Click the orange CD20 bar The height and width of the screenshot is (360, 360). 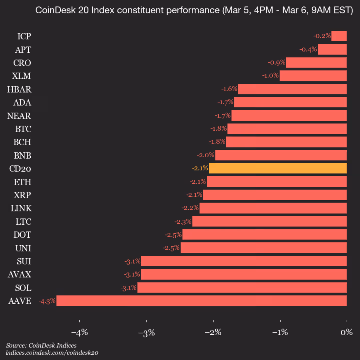coord(278,168)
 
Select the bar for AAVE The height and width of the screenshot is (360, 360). coord(202,301)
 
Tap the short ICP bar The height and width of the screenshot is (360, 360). coord(339,36)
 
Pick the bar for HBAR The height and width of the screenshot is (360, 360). coord(292,89)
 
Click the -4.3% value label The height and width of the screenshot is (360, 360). coord(47,301)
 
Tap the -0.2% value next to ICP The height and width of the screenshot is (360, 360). coord(322,36)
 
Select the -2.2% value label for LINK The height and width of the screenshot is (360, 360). coord(190,208)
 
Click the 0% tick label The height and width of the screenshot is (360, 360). coord(346,332)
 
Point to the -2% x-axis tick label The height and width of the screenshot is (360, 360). coord(213,332)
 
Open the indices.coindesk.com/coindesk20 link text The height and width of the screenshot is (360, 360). coord(52,353)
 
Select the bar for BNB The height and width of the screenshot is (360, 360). coord(281,155)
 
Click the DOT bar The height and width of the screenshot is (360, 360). coord(264,234)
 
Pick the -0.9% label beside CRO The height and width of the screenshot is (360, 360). coord(276,62)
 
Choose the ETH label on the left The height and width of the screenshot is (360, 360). coord(23,182)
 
